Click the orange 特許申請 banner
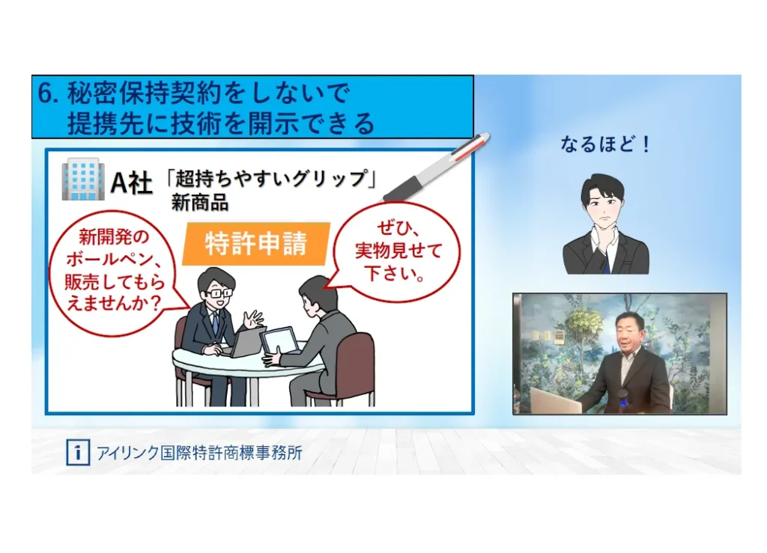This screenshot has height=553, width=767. (256, 244)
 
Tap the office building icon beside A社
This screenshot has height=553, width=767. (83, 179)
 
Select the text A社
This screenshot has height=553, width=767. (132, 183)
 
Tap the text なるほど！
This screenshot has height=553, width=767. (605, 144)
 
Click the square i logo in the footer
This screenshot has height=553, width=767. (78, 453)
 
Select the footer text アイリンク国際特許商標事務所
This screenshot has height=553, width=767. (199, 453)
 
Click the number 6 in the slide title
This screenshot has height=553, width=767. (46, 94)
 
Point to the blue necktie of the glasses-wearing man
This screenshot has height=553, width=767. (215, 326)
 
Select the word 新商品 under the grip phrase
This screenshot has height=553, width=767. (199, 203)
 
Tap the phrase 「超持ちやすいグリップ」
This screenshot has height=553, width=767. (271, 178)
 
